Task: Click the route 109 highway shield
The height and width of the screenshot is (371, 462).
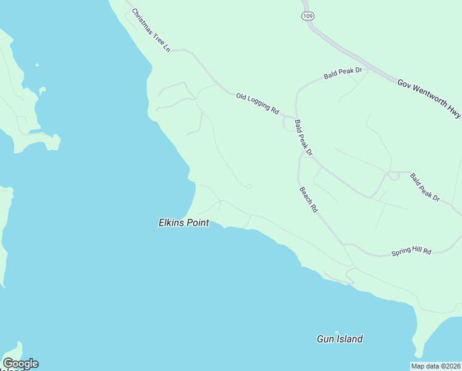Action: [x=307, y=15]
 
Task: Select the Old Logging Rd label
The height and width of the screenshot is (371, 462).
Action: [x=258, y=103]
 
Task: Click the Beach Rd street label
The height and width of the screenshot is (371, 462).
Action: [x=308, y=200]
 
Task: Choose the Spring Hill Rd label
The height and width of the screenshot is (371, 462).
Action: [x=411, y=252]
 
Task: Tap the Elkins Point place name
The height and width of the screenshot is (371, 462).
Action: [x=183, y=223]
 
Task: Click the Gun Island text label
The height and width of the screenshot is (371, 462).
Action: [x=340, y=339]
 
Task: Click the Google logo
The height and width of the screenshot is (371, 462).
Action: [x=20, y=364]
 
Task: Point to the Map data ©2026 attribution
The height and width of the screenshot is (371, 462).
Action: [x=436, y=366]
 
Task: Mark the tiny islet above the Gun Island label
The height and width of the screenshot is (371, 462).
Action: [x=337, y=332]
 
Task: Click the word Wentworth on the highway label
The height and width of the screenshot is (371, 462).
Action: [x=428, y=98]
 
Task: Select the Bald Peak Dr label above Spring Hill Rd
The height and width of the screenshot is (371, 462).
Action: [x=424, y=187]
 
